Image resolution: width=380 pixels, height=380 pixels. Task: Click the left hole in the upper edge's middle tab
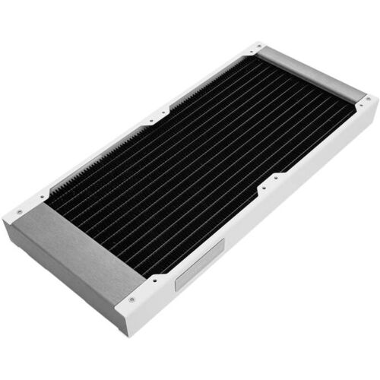[x=151, y=118]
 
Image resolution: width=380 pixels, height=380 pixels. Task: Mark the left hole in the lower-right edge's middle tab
[x=263, y=186]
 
